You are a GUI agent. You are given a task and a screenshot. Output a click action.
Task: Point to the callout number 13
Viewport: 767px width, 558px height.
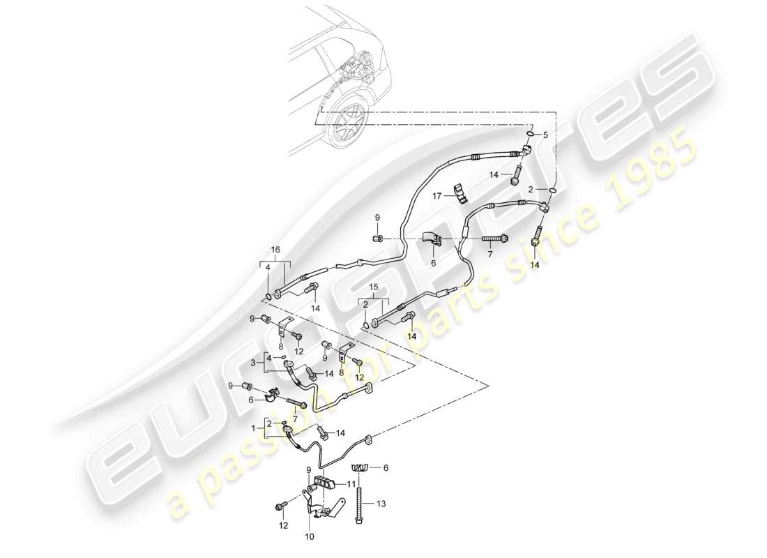tap(381, 502)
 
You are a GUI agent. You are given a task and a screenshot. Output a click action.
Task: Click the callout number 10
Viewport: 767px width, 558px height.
tap(310, 536)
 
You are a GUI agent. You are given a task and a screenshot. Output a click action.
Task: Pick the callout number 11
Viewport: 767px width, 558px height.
tap(351, 483)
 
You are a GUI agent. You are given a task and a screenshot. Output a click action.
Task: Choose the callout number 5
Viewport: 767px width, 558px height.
tap(547, 134)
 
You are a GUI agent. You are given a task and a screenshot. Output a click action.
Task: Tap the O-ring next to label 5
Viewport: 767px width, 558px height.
tap(531, 134)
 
